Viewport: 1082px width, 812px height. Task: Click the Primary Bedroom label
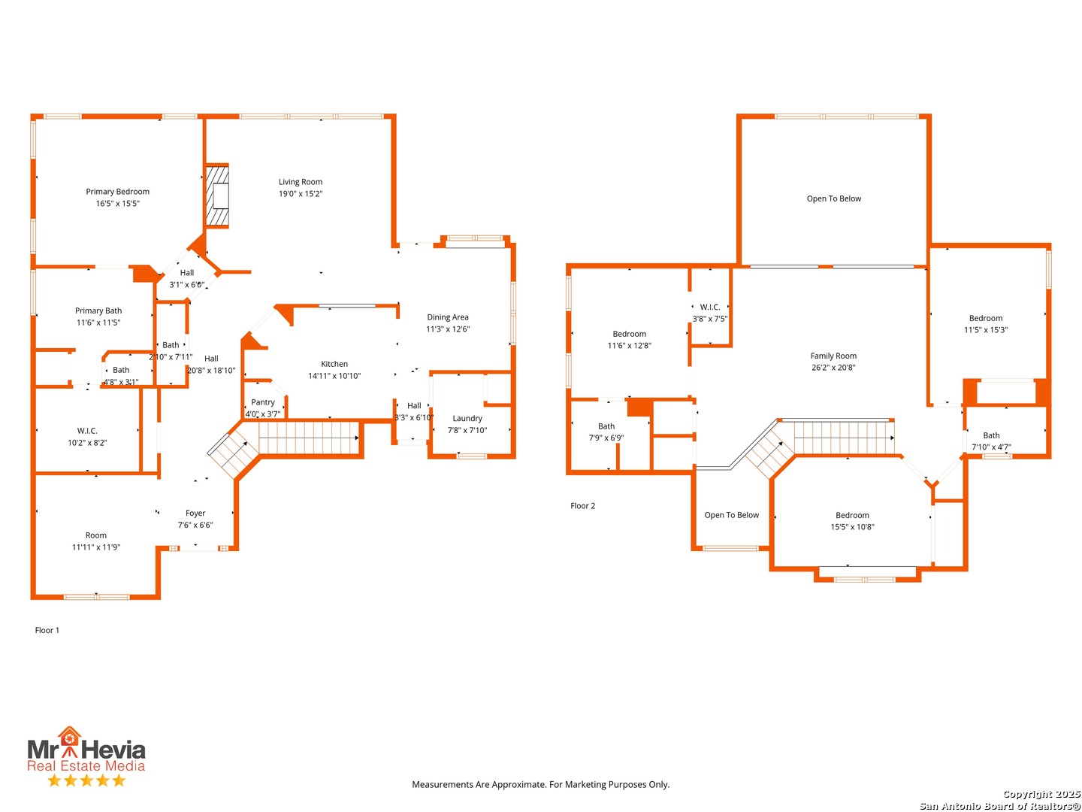click(x=116, y=191)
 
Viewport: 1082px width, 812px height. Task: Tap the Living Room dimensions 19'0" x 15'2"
click(x=300, y=193)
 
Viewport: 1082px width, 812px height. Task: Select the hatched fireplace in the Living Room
click(x=217, y=195)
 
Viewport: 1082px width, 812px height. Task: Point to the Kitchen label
click(x=334, y=363)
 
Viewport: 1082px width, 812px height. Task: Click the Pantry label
click(x=262, y=401)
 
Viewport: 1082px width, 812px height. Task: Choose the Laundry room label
click(x=467, y=417)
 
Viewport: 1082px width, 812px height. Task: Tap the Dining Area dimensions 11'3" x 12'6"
click(x=447, y=329)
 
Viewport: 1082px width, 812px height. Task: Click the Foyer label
click(x=195, y=512)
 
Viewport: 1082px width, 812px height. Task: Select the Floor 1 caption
click(x=47, y=629)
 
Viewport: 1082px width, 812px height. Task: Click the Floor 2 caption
click(x=582, y=504)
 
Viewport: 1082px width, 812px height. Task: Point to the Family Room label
click(x=832, y=355)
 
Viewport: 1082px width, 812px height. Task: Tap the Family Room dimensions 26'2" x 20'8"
click(x=832, y=367)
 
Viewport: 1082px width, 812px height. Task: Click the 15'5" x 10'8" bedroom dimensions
click(x=851, y=526)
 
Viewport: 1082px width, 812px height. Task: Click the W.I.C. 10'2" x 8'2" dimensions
click(x=86, y=442)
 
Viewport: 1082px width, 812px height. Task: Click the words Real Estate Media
click(x=86, y=765)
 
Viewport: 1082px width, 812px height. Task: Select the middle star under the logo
click(x=86, y=780)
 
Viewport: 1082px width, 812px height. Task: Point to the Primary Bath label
click(x=98, y=310)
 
